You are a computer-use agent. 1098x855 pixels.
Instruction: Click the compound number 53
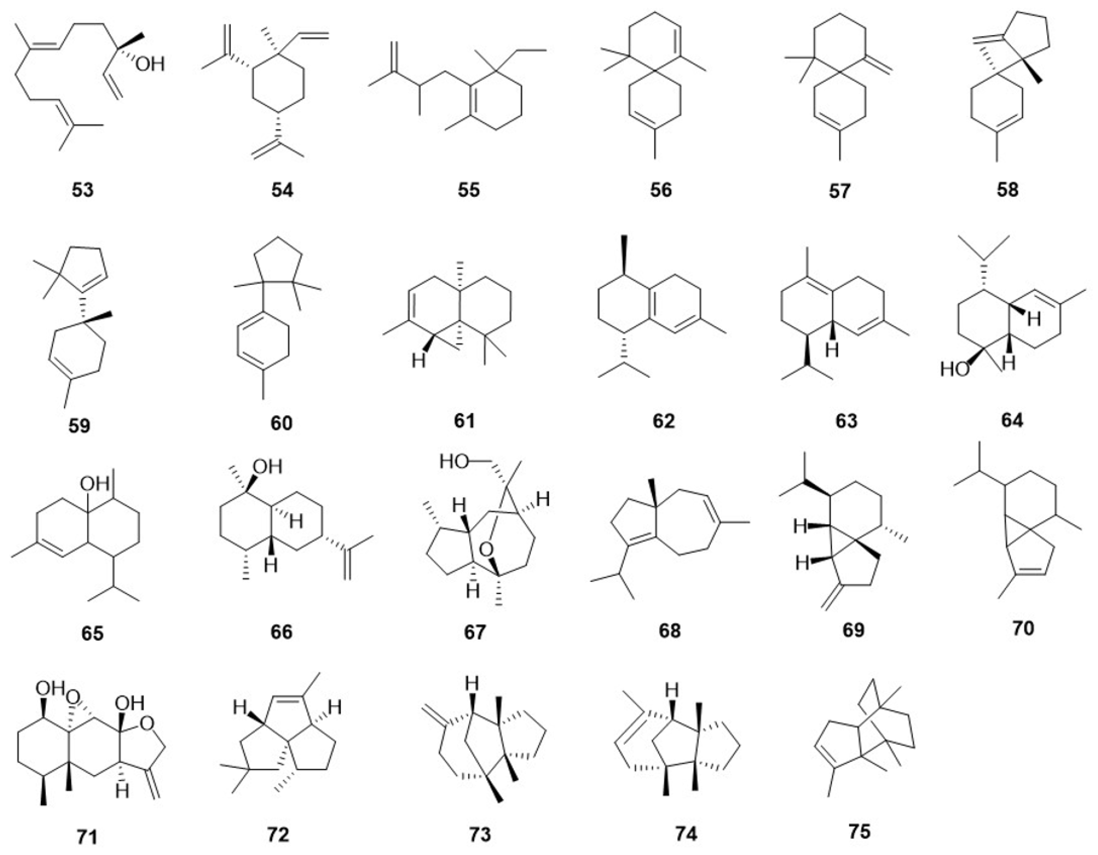[83, 190]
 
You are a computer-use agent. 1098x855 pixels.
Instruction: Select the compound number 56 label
[661, 190]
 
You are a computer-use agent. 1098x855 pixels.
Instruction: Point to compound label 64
[1012, 420]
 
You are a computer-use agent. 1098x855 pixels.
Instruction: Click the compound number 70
[1022, 628]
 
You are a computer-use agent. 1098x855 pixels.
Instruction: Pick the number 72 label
[278, 834]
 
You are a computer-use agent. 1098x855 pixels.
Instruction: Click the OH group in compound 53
[150, 64]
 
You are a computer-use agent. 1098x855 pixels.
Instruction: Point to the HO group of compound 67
[455, 462]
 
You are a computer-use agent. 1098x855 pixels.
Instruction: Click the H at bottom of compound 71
[122, 793]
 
